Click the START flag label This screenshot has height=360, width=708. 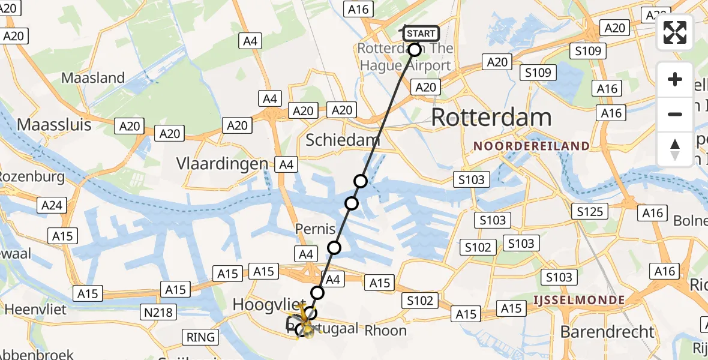coord(421,34)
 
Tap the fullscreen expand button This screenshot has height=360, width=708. coord(675,32)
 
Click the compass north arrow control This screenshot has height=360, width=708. coord(675,149)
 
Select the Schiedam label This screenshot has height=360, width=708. coord(343,140)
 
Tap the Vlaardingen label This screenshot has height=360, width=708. coord(222,164)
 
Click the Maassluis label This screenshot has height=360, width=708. coord(55,125)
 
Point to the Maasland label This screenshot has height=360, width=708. coord(93,78)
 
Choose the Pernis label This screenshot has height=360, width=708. coord(311,229)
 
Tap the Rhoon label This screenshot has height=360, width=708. coord(385,330)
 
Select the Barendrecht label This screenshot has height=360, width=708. coord(607,331)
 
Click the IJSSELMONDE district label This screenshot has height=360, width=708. coord(579,300)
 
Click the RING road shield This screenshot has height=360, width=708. coord(200,337)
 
